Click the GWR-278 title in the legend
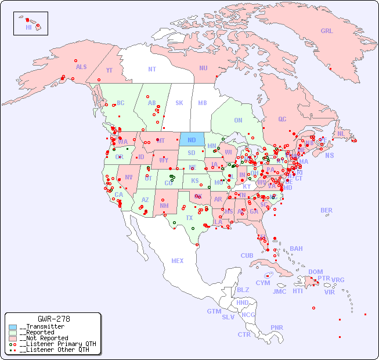coord(54,319)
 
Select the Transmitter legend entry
coord(41,327)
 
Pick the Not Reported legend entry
coord(44,338)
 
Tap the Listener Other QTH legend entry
coord(53,350)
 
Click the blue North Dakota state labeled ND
coord(192,139)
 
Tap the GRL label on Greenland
coord(327,31)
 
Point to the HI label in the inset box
coord(28,27)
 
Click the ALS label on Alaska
coord(81,67)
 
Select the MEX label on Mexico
coord(178,261)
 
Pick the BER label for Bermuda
coord(327,210)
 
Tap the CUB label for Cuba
coord(247,255)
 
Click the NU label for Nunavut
coord(203,68)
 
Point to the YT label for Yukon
coord(109,70)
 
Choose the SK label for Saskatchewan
coord(179,103)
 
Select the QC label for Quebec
coord(282,119)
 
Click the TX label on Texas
coord(189,218)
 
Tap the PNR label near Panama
coord(277,327)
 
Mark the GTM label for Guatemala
coord(214,311)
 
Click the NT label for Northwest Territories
coord(152,69)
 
